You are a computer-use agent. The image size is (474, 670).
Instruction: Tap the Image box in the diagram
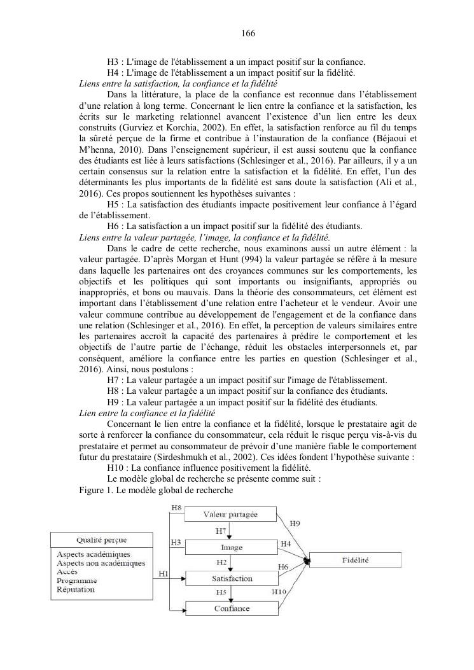(x=232, y=547)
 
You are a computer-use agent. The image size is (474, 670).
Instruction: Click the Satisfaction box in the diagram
(x=232, y=578)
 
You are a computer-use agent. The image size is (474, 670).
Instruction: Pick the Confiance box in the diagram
(x=232, y=608)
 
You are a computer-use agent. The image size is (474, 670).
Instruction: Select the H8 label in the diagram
(x=178, y=506)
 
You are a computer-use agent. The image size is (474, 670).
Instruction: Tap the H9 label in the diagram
(x=295, y=523)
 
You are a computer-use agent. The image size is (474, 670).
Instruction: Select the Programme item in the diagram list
(x=77, y=580)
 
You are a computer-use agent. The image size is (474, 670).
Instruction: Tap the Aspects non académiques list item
(x=101, y=563)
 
